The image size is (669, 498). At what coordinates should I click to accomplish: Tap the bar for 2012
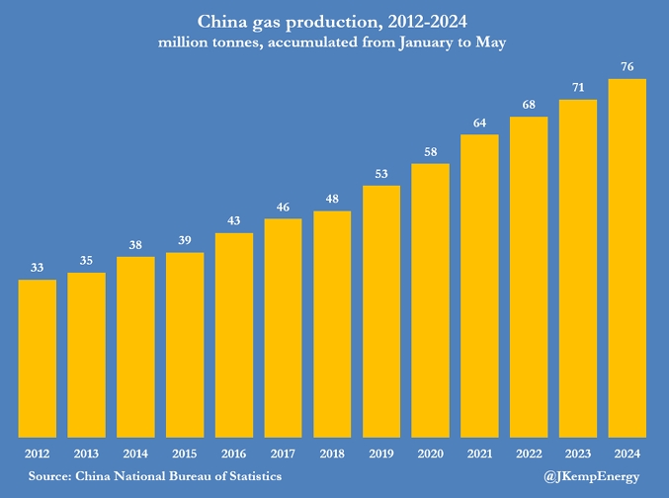pos(38,358)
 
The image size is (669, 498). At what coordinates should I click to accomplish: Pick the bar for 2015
pos(185,345)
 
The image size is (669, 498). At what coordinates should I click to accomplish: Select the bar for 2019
pos(381,311)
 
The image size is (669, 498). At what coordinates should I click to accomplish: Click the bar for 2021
pos(479,286)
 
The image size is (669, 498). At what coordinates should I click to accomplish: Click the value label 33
pos(38,268)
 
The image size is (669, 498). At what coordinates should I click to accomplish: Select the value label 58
pos(431,151)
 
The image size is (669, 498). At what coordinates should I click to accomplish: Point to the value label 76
pos(627,67)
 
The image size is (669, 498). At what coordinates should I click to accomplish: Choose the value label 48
pos(332,199)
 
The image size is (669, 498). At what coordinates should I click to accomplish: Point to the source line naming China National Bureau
pos(155,476)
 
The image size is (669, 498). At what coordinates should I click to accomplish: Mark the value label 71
pos(578,88)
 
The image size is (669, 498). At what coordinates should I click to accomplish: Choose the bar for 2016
pos(234,335)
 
